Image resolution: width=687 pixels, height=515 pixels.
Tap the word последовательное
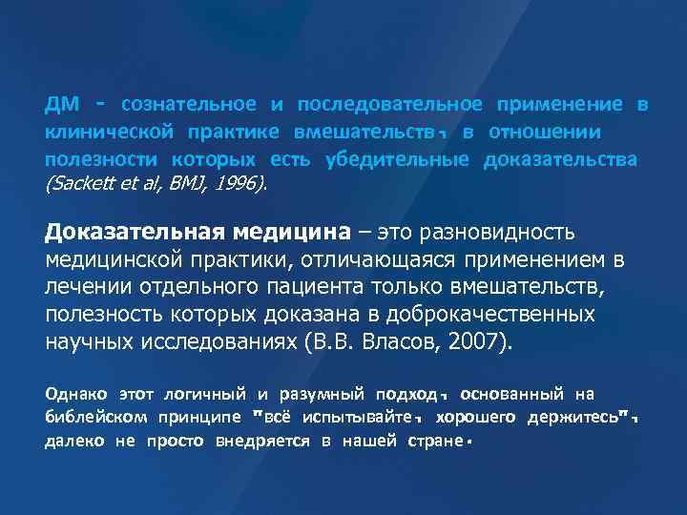[x=389, y=104]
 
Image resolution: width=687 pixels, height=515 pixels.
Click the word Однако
[x=77, y=393]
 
